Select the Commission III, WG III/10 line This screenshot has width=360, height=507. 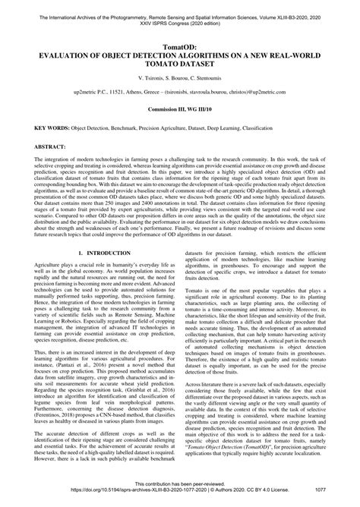[x=179, y=109]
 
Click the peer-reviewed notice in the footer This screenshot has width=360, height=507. [x=179, y=493]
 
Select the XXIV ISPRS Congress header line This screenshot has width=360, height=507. [x=179, y=15]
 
